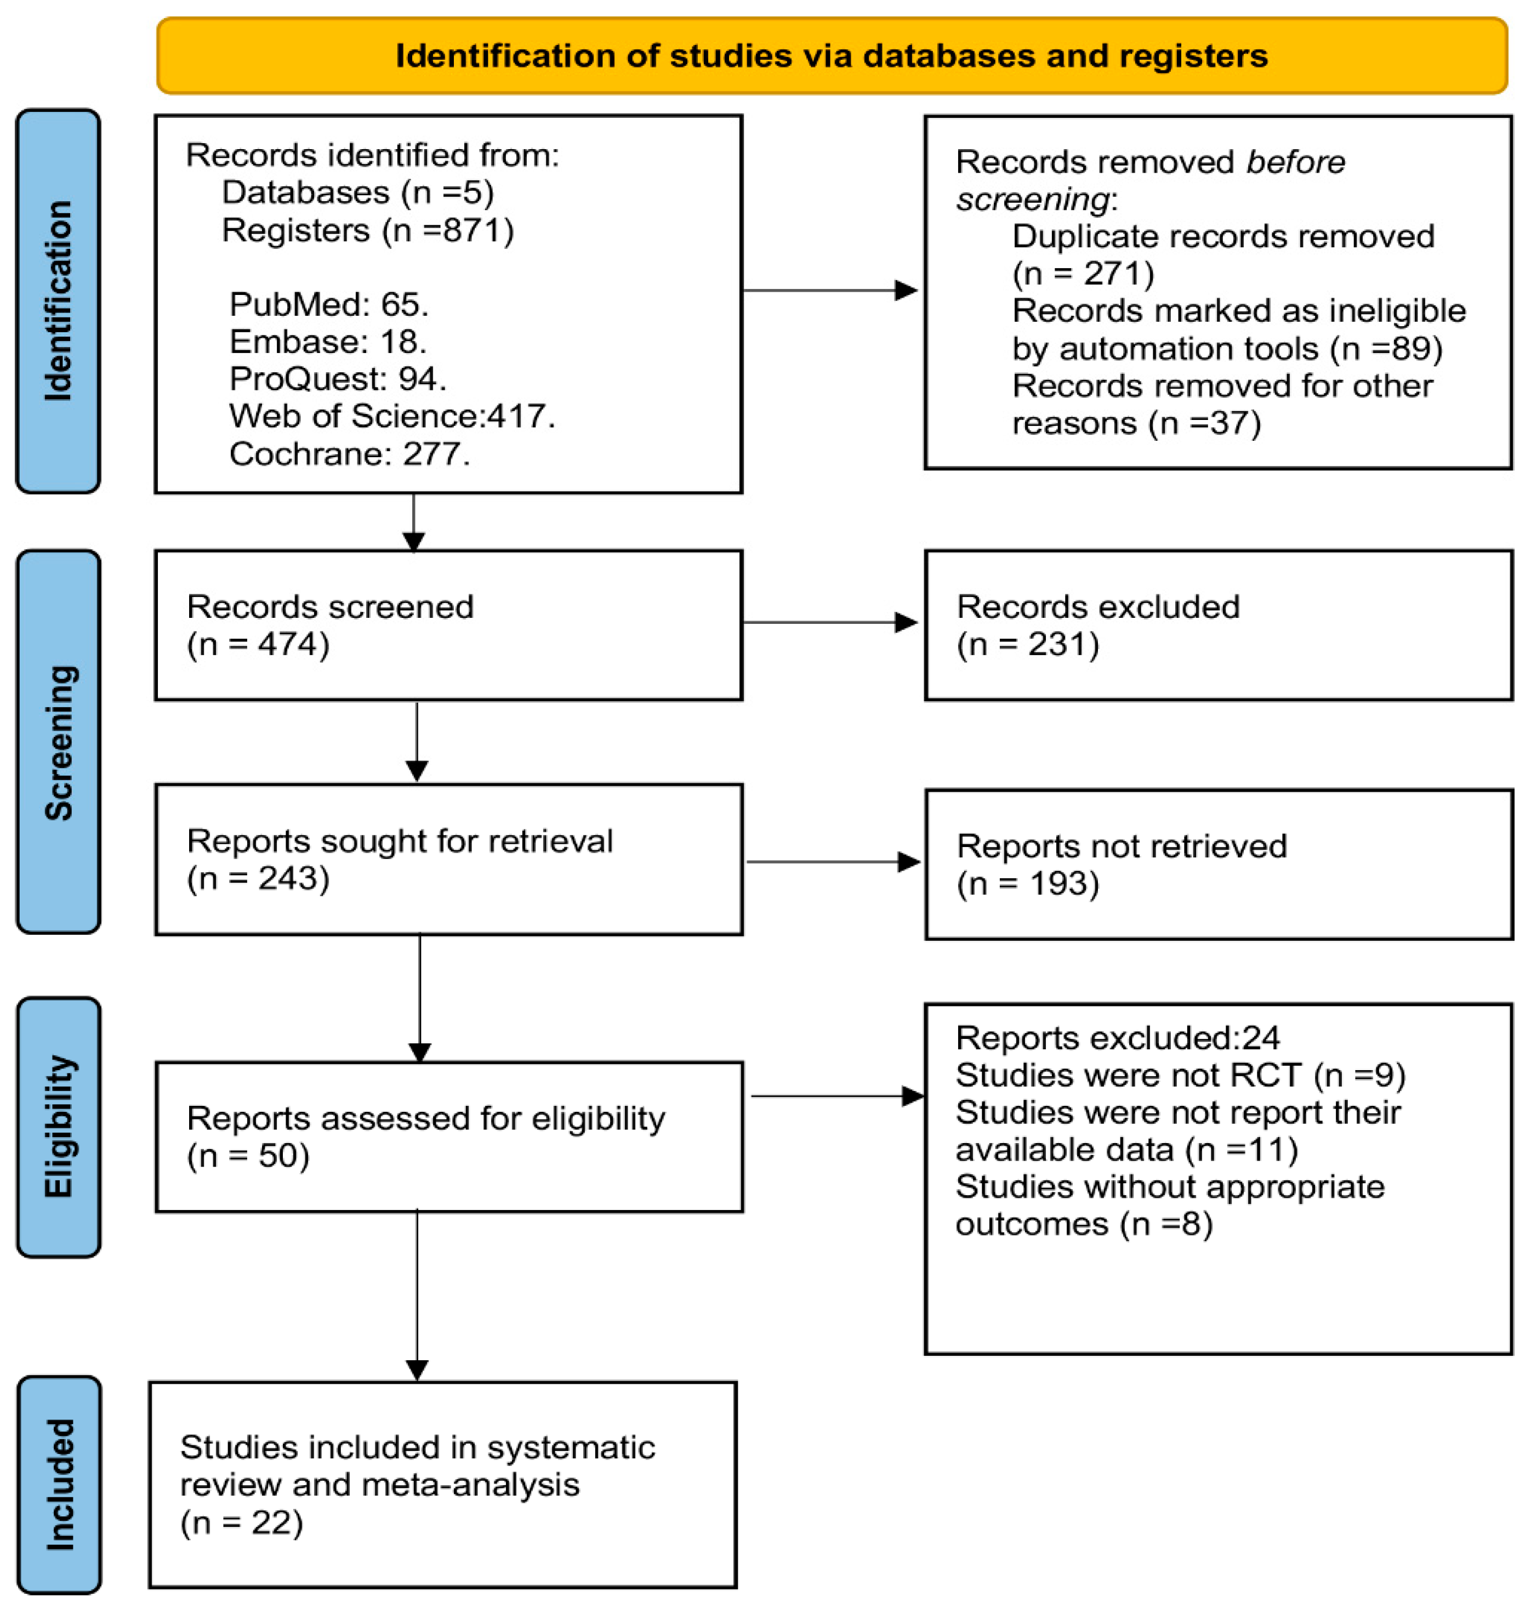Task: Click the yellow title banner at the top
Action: tap(831, 55)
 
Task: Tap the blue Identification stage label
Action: tap(58, 300)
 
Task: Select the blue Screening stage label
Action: tap(58, 741)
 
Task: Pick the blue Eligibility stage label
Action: tap(58, 1127)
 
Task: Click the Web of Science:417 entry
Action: tap(392, 416)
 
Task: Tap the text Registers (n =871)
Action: tap(368, 230)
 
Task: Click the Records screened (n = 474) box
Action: tap(448, 625)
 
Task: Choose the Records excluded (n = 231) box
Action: tap(1217, 625)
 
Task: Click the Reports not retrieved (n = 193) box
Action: tap(1217, 865)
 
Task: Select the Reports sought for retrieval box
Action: tap(448, 860)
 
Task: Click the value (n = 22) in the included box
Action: tap(242, 1522)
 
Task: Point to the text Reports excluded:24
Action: tap(1117, 1037)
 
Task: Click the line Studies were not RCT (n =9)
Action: tap(1180, 1075)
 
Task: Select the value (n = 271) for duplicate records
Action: tap(1083, 274)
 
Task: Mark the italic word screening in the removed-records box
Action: tap(1032, 199)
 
